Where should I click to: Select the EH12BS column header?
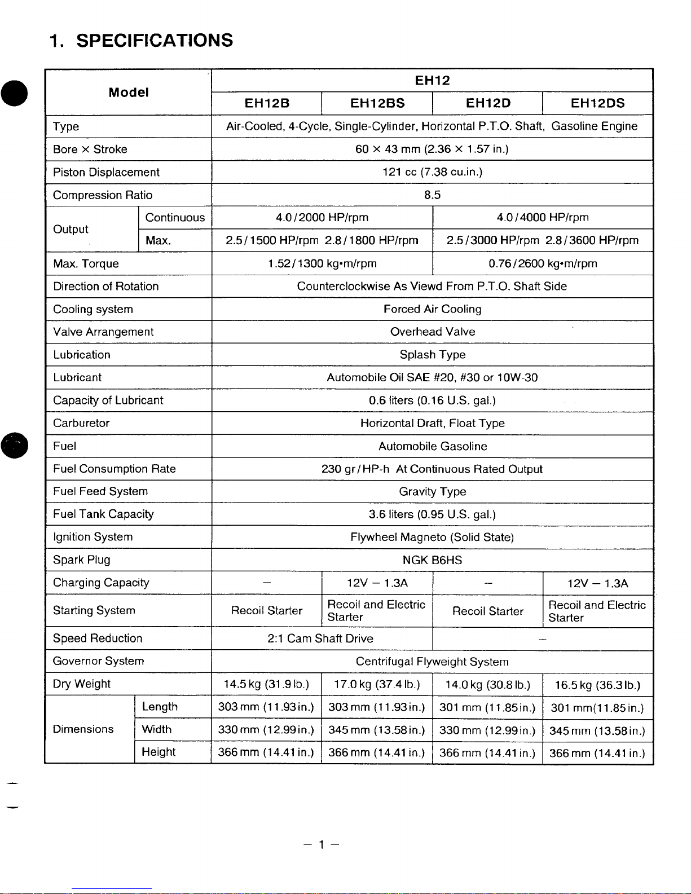pyautogui.click(x=377, y=103)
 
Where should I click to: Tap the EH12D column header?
pyautogui.click(x=488, y=103)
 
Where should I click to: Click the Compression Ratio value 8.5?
pyautogui.click(x=432, y=195)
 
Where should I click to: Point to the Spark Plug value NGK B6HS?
pyautogui.click(x=432, y=560)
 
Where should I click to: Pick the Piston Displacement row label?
pyautogui.click(x=106, y=173)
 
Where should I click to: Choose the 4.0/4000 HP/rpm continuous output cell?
pyautogui.click(x=543, y=218)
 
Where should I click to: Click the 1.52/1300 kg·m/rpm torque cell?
pyautogui.click(x=322, y=263)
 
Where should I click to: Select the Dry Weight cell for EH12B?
pyautogui.click(x=266, y=684)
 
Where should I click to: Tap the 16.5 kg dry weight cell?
pyautogui.click(x=597, y=685)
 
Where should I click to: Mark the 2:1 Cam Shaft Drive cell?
pyautogui.click(x=320, y=638)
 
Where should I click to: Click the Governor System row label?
pyautogui.click(x=98, y=661)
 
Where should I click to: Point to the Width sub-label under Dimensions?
pyautogui.click(x=156, y=729)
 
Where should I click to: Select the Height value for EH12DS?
pyautogui.click(x=597, y=753)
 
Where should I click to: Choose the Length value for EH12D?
pyautogui.click(x=487, y=707)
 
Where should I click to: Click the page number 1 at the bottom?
pyautogui.click(x=321, y=844)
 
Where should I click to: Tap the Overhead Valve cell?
pyautogui.click(x=432, y=332)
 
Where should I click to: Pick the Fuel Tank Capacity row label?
pyautogui.click(x=103, y=514)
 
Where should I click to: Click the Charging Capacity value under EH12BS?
pyautogui.click(x=377, y=583)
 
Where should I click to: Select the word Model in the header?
pyautogui.click(x=129, y=93)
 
